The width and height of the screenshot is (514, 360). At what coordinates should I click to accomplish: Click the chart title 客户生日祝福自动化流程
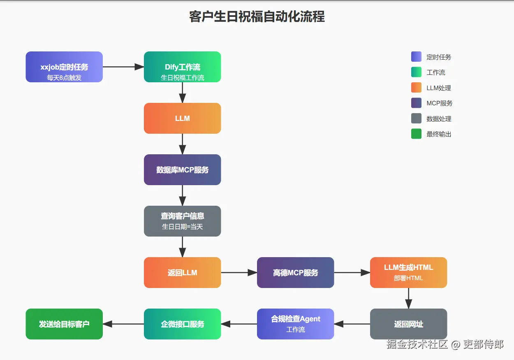257,16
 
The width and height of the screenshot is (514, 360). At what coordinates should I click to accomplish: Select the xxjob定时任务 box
64,67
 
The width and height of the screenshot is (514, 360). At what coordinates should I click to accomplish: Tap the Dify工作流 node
182,67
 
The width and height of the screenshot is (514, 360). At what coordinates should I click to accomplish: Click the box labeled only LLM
182,118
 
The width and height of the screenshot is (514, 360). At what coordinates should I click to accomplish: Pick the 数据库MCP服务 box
182,170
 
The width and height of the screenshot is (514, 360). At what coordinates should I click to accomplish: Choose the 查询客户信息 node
182,221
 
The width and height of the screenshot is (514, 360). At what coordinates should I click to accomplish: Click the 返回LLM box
182,272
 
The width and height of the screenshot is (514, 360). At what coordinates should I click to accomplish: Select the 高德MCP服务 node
295,272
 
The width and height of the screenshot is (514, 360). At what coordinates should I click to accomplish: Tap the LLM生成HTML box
408,272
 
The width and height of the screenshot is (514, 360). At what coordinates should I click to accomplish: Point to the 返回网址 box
408,324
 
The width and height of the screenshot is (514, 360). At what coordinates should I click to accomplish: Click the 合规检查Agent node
295,324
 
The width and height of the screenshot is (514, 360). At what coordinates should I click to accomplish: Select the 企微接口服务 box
182,324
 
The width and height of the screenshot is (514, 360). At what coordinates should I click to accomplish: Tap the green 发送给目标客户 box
64,324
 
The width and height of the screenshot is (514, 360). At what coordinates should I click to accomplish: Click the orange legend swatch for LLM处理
416,88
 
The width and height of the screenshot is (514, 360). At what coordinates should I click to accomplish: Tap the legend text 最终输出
439,134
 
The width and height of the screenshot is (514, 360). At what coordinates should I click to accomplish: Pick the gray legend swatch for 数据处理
416,118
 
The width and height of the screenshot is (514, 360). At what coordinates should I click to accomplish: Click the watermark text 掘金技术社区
417,344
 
